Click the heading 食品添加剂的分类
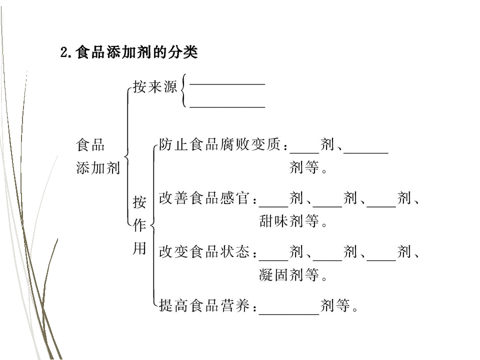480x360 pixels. click(137, 52)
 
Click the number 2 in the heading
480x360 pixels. click(64, 52)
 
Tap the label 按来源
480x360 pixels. click(155, 86)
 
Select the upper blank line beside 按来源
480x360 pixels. click(227, 84)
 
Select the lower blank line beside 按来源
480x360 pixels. click(227, 107)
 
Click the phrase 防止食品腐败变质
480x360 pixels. click(219, 144)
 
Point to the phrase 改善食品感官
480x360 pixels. click(204, 198)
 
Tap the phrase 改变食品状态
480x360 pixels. click(204, 251)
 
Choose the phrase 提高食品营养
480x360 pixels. click(204, 305)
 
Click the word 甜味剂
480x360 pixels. click(281, 221)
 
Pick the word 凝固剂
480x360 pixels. click(281, 274)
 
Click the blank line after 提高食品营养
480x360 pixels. click(289, 314)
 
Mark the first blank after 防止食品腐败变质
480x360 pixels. click(304, 152)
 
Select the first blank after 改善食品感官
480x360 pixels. click(273, 206)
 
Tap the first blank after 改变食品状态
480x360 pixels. click(273, 260)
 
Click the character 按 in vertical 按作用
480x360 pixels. click(139, 202)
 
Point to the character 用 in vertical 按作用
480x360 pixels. click(139, 248)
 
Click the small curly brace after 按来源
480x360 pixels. click(183, 90)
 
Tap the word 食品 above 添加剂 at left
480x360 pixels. click(90, 145)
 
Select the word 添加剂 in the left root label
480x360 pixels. click(98, 168)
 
